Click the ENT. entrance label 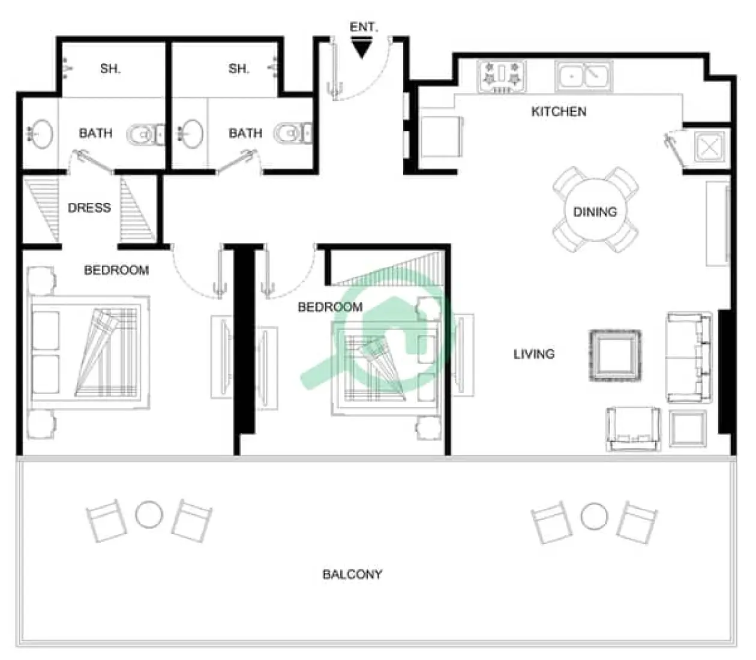tap(363, 27)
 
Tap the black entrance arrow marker tap(361, 49)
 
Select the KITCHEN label tap(559, 112)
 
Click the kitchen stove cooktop tap(501, 77)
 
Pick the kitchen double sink tap(583, 76)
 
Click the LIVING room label tap(533, 354)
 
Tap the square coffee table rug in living tap(614, 355)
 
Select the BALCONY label tap(352, 574)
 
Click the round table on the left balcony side tap(149, 515)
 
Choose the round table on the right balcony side tap(594, 515)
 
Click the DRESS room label tap(89, 208)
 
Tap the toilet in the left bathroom tap(144, 134)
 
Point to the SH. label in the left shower tap(110, 69)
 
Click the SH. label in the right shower tap(238, 69)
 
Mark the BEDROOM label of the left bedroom tap(116, 270)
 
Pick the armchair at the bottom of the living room tap(633, 428)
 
